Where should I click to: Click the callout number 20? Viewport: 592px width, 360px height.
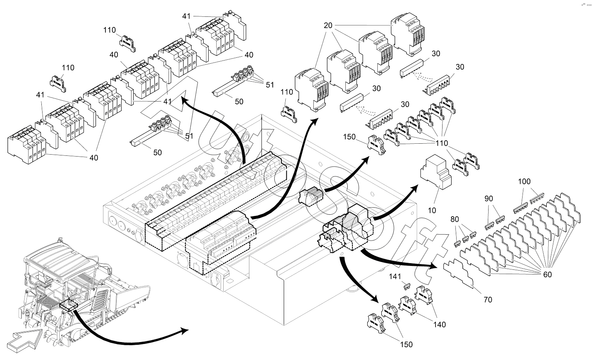pyautogui.click(x=328, y=26)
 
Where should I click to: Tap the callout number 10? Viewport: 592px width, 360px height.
pyautogui.click(x=432, y=210)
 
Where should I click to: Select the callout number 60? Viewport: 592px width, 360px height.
pyautogui.click(x=548, y=274)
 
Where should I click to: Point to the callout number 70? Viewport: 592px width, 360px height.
pyautogui.click(x=488, y=299)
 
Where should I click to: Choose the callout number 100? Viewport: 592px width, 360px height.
pyautogui.click(x=524, y=182)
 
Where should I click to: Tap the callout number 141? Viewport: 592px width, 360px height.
pyautogui.click(x=395, y=276)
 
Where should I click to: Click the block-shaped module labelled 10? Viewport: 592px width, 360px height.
pyautogui.click(x=435, y=172)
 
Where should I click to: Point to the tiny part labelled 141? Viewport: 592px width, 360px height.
pyautogui.click(x=407, y=286)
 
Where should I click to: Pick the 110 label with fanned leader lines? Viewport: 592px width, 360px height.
pyautogui.click(x=442, y=143)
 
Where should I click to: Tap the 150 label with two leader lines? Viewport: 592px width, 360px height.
pyautogui.click(x=406, y=344)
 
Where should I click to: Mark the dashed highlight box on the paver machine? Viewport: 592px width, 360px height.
pyautogui.click(x=69, y=304)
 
